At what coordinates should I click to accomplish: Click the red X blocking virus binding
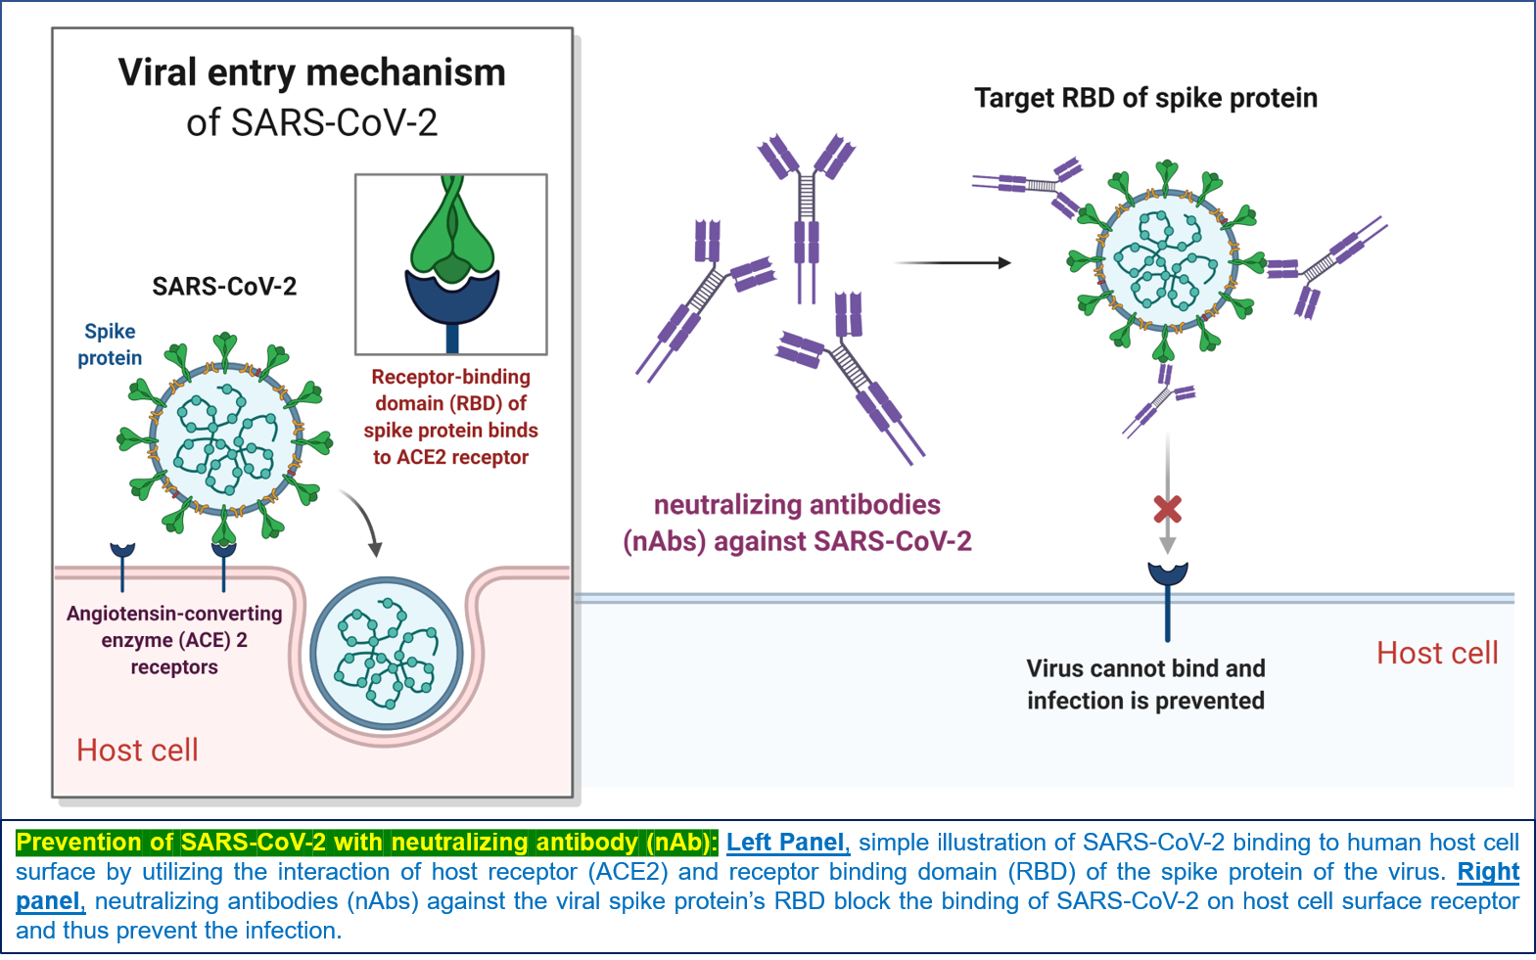[1167, 509]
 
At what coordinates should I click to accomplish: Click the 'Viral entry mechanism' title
[311, 73]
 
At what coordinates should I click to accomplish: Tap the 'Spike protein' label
[110, 344]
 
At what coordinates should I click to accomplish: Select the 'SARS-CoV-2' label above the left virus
[224, 287]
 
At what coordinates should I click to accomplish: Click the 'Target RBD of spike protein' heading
[1145, 98]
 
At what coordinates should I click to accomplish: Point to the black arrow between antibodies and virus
[952, 262]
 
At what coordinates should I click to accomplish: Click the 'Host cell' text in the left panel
[137, 750]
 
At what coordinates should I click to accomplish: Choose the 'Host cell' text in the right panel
[1436, 653]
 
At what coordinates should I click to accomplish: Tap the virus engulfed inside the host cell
[387, 653]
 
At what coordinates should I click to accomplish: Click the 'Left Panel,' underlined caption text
[787, 843]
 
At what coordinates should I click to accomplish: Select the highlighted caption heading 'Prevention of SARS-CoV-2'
[366, 843]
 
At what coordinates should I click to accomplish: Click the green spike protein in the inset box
[451, 235]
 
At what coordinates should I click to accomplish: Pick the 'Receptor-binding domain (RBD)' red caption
[450, 417]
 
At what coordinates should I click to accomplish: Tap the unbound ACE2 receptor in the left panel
[122, 563]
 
